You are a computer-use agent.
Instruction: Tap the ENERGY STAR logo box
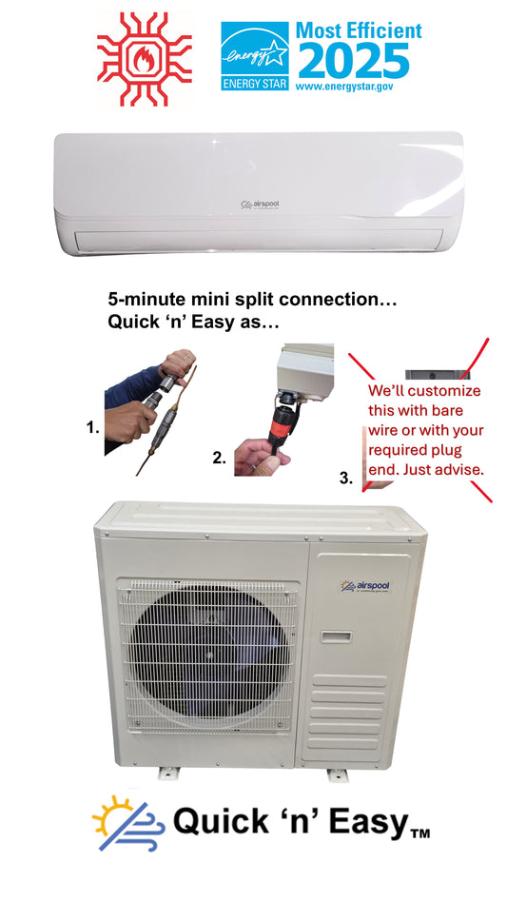pos(254,56)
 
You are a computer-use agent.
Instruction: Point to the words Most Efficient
pos(358,30)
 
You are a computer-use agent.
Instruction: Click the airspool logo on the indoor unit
pos(256,203)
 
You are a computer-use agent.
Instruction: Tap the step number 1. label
pos(92,429)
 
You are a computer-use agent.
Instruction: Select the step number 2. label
pos(219,458)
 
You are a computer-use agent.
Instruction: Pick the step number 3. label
pos(346,479)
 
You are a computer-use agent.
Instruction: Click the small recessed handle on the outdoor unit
pos(336,636)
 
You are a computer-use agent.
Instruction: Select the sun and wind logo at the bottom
pos(126,821)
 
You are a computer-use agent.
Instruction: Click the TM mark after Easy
pos(419,835)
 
